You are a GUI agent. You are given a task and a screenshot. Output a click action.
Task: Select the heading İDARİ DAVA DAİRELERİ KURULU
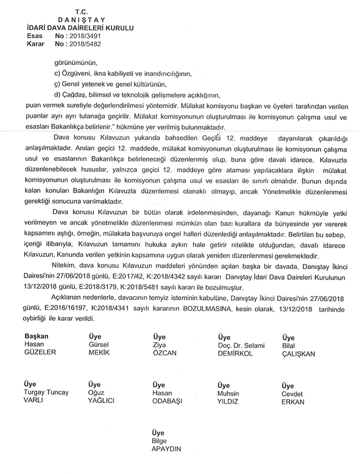coord(76,27)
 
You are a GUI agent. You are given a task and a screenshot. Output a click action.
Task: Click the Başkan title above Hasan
coord(37,337)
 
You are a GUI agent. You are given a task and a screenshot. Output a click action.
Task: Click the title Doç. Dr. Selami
coord(241,345)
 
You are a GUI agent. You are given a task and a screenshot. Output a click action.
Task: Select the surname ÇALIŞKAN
coord(298,353)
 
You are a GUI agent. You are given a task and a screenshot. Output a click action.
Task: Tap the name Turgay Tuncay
coord(47,393)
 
